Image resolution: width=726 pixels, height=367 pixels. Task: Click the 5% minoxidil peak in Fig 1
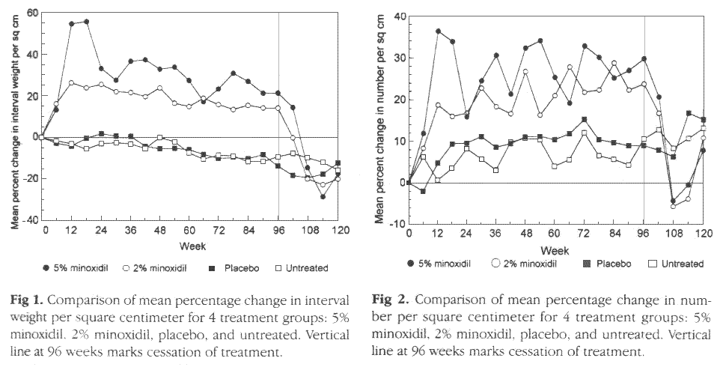(86, 22)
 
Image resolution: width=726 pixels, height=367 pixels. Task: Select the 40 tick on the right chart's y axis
(400, 16)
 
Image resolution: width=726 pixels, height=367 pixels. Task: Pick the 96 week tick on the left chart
(278, 231)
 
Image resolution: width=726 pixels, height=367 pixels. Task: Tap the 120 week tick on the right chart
(703, 234)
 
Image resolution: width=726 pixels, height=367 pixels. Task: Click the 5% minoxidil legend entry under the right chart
(452, 264)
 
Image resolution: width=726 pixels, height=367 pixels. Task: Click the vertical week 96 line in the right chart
(644, 112)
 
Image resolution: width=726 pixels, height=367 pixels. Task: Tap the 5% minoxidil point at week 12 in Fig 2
(438, 31)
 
